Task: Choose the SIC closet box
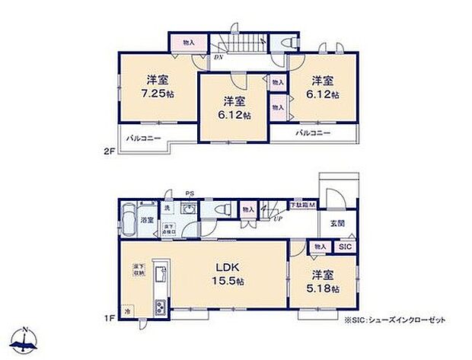point(344,247)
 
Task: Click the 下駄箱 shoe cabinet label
point(301,205)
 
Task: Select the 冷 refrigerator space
point(127,311)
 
